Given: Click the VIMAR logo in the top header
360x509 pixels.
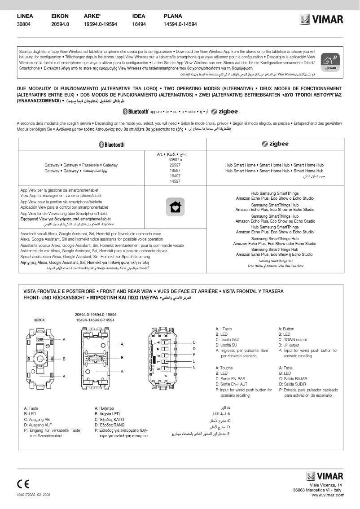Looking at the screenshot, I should [x=321, y=20].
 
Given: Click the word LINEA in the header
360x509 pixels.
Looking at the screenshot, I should [x=25, y=16].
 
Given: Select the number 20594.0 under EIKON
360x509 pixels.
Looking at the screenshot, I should [x=60, y=24].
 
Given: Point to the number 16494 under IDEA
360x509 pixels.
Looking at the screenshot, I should [x=139, y=24].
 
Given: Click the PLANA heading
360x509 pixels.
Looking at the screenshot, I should [x=173, y=16].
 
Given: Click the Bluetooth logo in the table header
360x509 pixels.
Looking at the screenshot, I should [x=112, y=144].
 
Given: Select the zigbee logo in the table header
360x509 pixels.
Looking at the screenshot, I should [x=275, y=144].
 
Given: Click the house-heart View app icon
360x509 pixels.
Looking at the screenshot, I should [x=175, y=206].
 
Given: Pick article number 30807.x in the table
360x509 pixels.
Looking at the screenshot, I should [x=175, y=159].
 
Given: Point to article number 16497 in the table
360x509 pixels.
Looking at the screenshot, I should [x=175, y=176].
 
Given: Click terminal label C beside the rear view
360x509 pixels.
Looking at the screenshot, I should [x=194, y=342].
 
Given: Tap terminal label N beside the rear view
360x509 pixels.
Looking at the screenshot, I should [x=194, y=368].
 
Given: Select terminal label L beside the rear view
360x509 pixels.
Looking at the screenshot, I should [x=194, y=361].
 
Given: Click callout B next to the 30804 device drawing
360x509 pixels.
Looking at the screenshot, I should [x=64, y=359].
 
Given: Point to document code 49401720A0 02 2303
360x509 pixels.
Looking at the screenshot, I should [x=34, y=494].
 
